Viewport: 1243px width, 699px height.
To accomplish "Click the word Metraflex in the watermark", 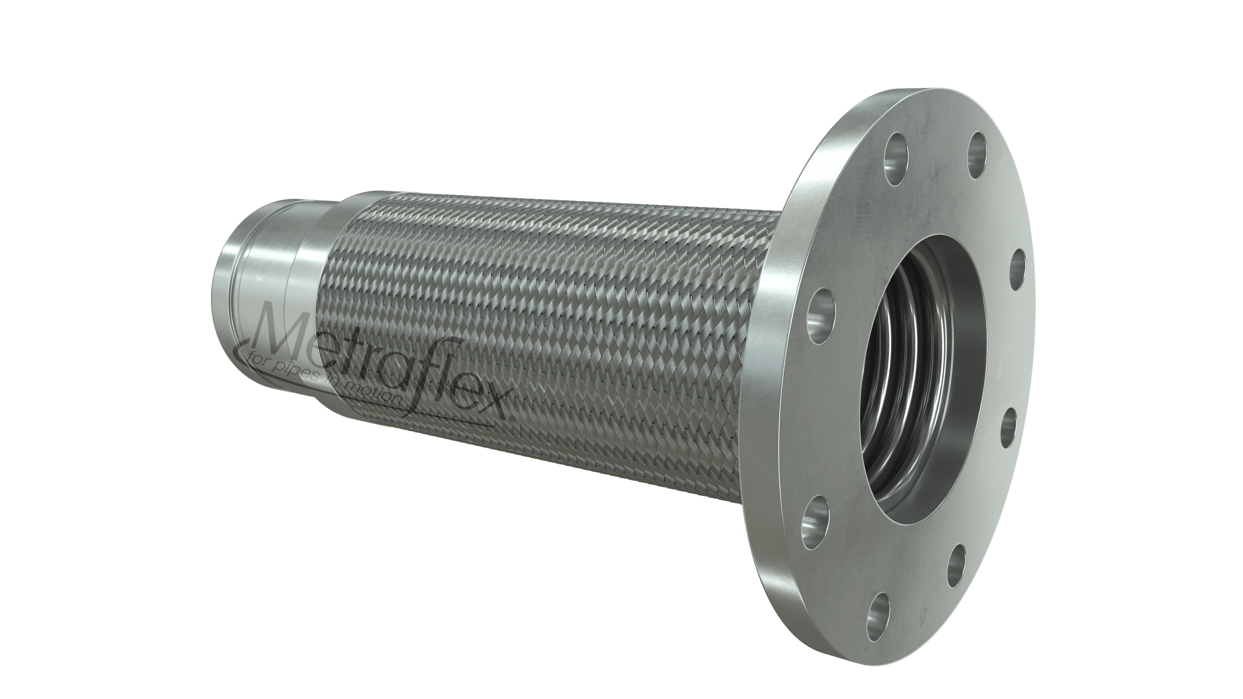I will [376, 357].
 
